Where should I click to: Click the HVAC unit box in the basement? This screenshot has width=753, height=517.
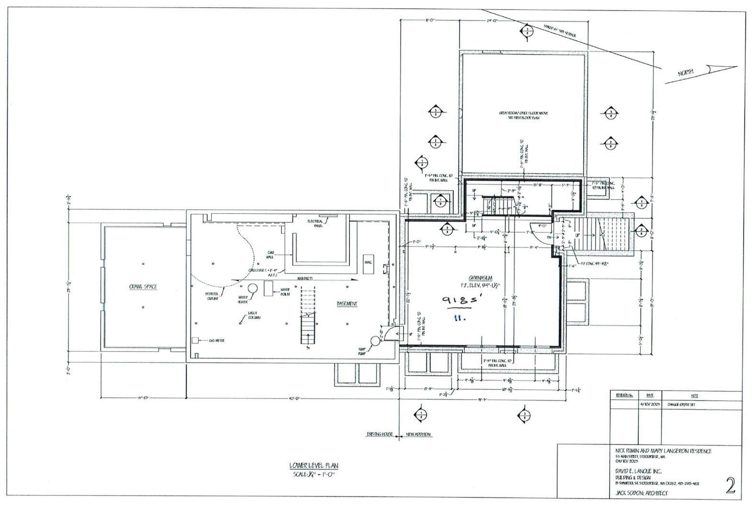coord(368,264)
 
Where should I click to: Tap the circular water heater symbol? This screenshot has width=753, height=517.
coord(252,289)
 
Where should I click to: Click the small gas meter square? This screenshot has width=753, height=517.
coord(195,340)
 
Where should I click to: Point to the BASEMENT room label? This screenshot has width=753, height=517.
coord(347,303)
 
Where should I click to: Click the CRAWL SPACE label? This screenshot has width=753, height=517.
coord(143,287)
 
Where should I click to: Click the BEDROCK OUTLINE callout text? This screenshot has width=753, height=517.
coord(212,296)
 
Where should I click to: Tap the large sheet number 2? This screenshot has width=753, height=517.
coord(731,485)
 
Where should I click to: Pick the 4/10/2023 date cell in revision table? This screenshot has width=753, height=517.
coord(650,404)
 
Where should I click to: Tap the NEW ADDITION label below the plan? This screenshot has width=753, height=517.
coord(418,435)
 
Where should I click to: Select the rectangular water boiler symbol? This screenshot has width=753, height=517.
coord(269,287)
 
